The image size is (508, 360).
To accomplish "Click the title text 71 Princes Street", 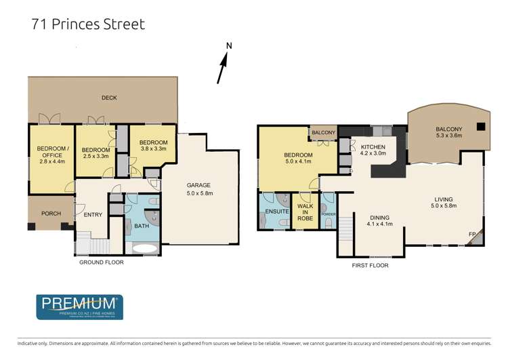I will [x=88, y=24].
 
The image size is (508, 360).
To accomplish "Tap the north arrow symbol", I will [x=222, y=70].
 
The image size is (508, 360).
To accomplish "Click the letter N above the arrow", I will [x=229, y=46].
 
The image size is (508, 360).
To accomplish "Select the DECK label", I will [x=109, y=98].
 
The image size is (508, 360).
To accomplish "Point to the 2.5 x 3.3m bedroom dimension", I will [x=95, y=157].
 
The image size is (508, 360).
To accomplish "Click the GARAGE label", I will [x=199, y=185].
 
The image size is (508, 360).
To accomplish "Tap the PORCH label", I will [x=51, y=214].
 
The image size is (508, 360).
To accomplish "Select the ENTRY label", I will [x=91, y=215].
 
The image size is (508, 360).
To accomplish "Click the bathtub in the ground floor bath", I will [x=144, y=247].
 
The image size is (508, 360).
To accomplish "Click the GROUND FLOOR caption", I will [x=102, y=262].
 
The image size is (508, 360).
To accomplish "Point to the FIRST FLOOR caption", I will [x=370, y=266].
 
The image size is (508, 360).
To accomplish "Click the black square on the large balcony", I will [x=480, y=125].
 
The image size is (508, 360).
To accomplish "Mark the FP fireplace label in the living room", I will [x=471, y=235].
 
